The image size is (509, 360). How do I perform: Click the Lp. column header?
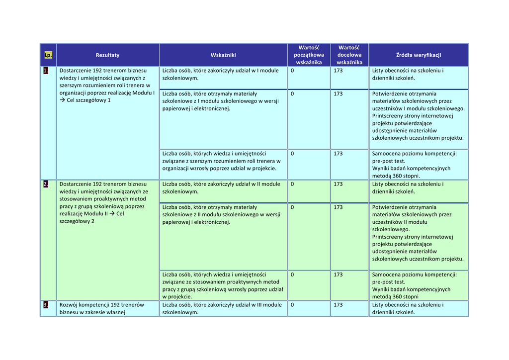click(x=48, y=55)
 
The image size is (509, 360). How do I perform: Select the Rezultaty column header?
click(x=107, y=55)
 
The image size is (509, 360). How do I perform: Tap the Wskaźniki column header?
click(x=223, y=55)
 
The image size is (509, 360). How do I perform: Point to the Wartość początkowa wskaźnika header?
click(x=309, y=55)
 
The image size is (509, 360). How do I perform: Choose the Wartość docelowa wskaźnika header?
click(x=349, y=55)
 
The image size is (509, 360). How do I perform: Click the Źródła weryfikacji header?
click(x=419, y=55)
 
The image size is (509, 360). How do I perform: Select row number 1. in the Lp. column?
click(x=46, y=71)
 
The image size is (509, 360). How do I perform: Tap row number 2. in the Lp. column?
click(x=46, y=184)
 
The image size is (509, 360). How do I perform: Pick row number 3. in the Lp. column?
click(x=46, y=305)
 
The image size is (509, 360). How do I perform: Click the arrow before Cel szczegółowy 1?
click(x=63, y=100)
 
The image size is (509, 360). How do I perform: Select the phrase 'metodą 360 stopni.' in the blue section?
click(x=396, y=176)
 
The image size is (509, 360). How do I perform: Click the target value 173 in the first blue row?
click(x=338, y=71)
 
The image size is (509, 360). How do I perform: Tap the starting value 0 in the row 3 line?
click(x=292, y=305)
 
